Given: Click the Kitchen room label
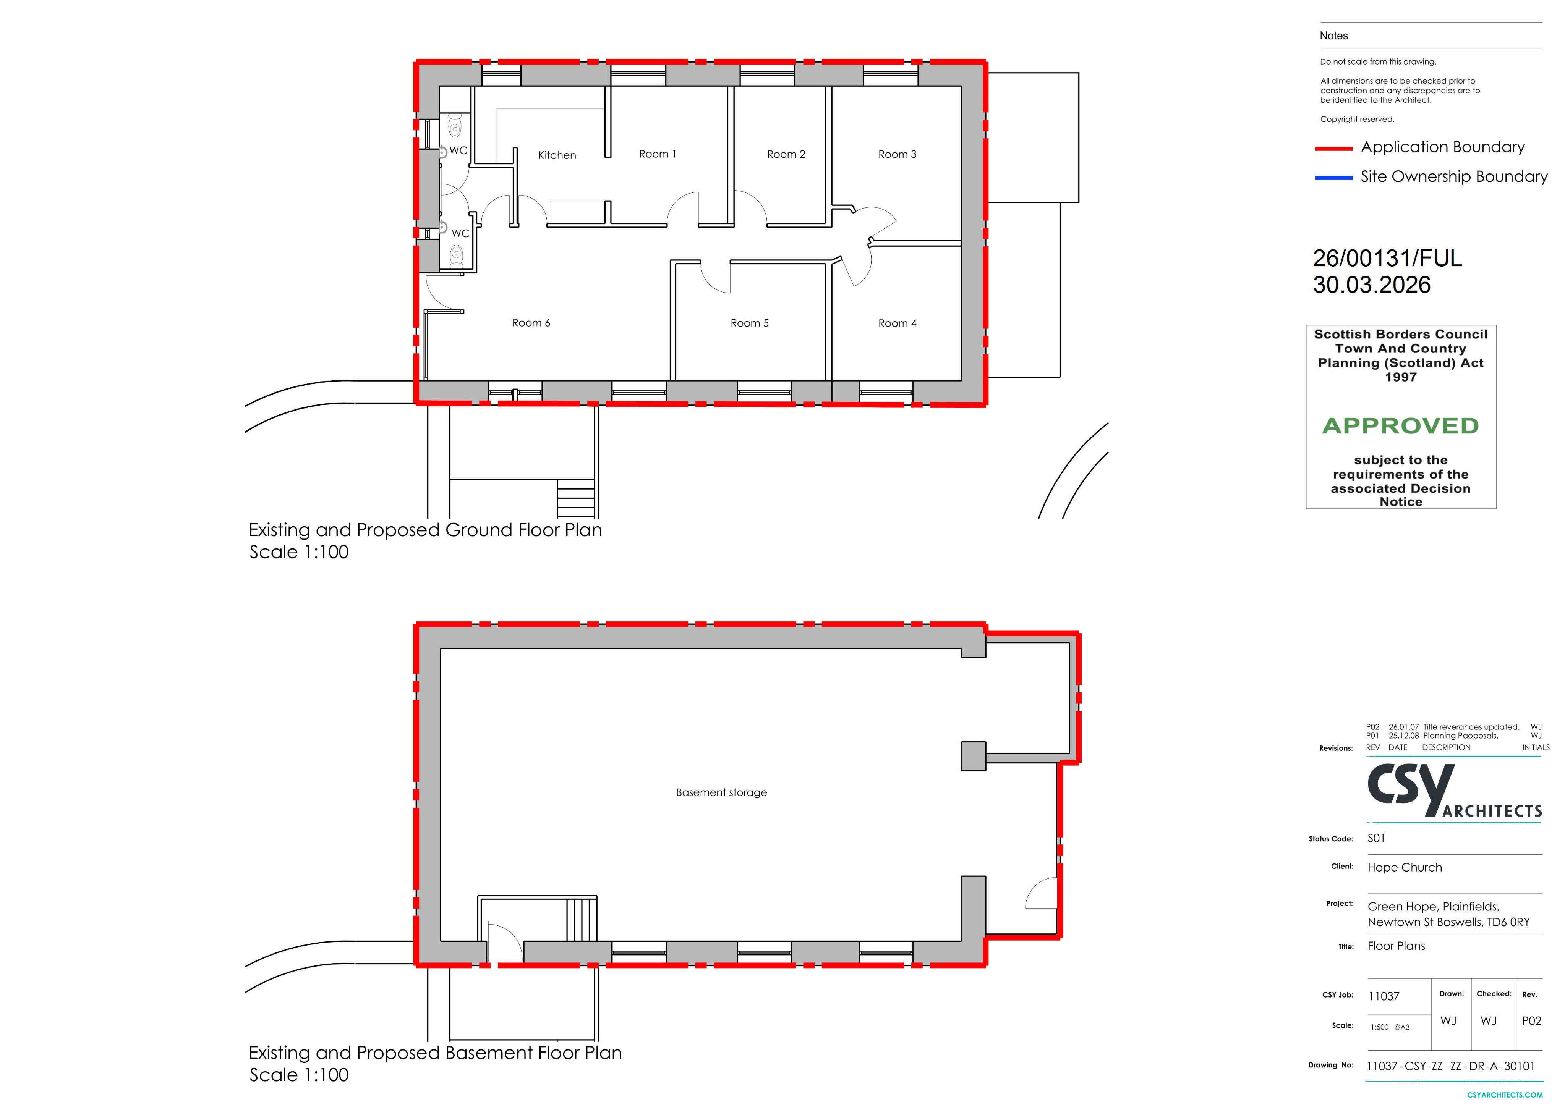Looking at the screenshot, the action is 557,155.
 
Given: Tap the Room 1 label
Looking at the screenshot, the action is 657,154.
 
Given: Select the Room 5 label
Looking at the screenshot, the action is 749,323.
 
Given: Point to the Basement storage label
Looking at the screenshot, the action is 721,792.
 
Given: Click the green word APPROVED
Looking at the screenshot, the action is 1400,426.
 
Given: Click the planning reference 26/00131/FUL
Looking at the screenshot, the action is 1387,258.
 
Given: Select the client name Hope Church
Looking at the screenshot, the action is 1404,867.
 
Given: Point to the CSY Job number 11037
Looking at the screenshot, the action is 1384,996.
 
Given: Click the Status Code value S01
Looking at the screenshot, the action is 1376,838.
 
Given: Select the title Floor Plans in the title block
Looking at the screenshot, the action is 1396,946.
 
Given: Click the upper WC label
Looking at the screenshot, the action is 458,150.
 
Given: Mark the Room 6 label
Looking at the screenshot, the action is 531,323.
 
